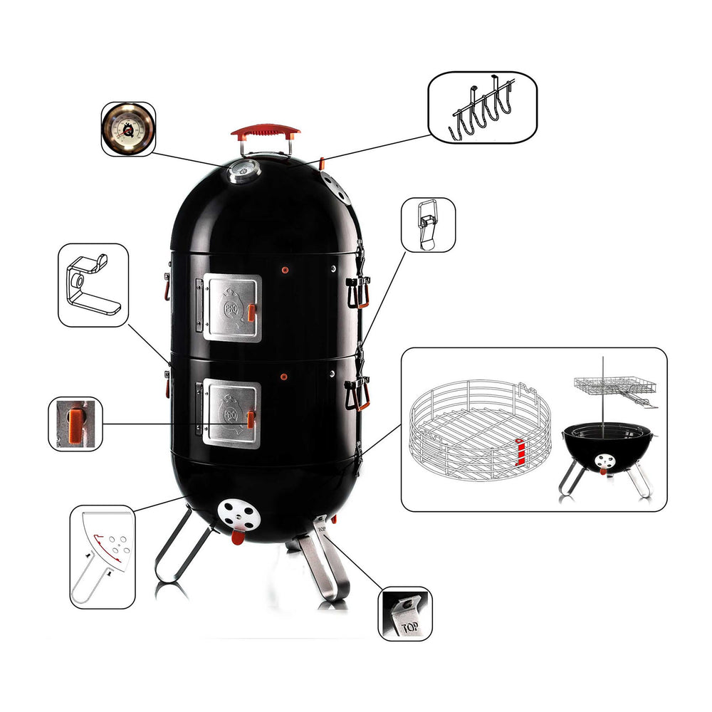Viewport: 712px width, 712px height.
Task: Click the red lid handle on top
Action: point(265,132)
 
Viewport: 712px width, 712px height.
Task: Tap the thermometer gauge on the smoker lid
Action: point(244,170)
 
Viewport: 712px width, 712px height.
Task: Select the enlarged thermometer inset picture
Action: point(128,128)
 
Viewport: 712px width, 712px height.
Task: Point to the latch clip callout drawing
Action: point(428,224)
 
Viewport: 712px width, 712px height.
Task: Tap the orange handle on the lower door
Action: point(251,419)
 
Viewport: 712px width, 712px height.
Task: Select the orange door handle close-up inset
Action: point(75,424)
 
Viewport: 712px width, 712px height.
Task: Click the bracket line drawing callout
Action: point(93,285)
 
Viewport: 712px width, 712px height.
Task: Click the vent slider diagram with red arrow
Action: point(103,555)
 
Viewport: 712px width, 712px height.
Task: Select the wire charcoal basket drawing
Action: point(481,431)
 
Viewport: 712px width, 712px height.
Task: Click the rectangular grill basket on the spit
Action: point(614,387)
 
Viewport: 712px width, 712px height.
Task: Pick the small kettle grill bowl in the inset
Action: point(606,449)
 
